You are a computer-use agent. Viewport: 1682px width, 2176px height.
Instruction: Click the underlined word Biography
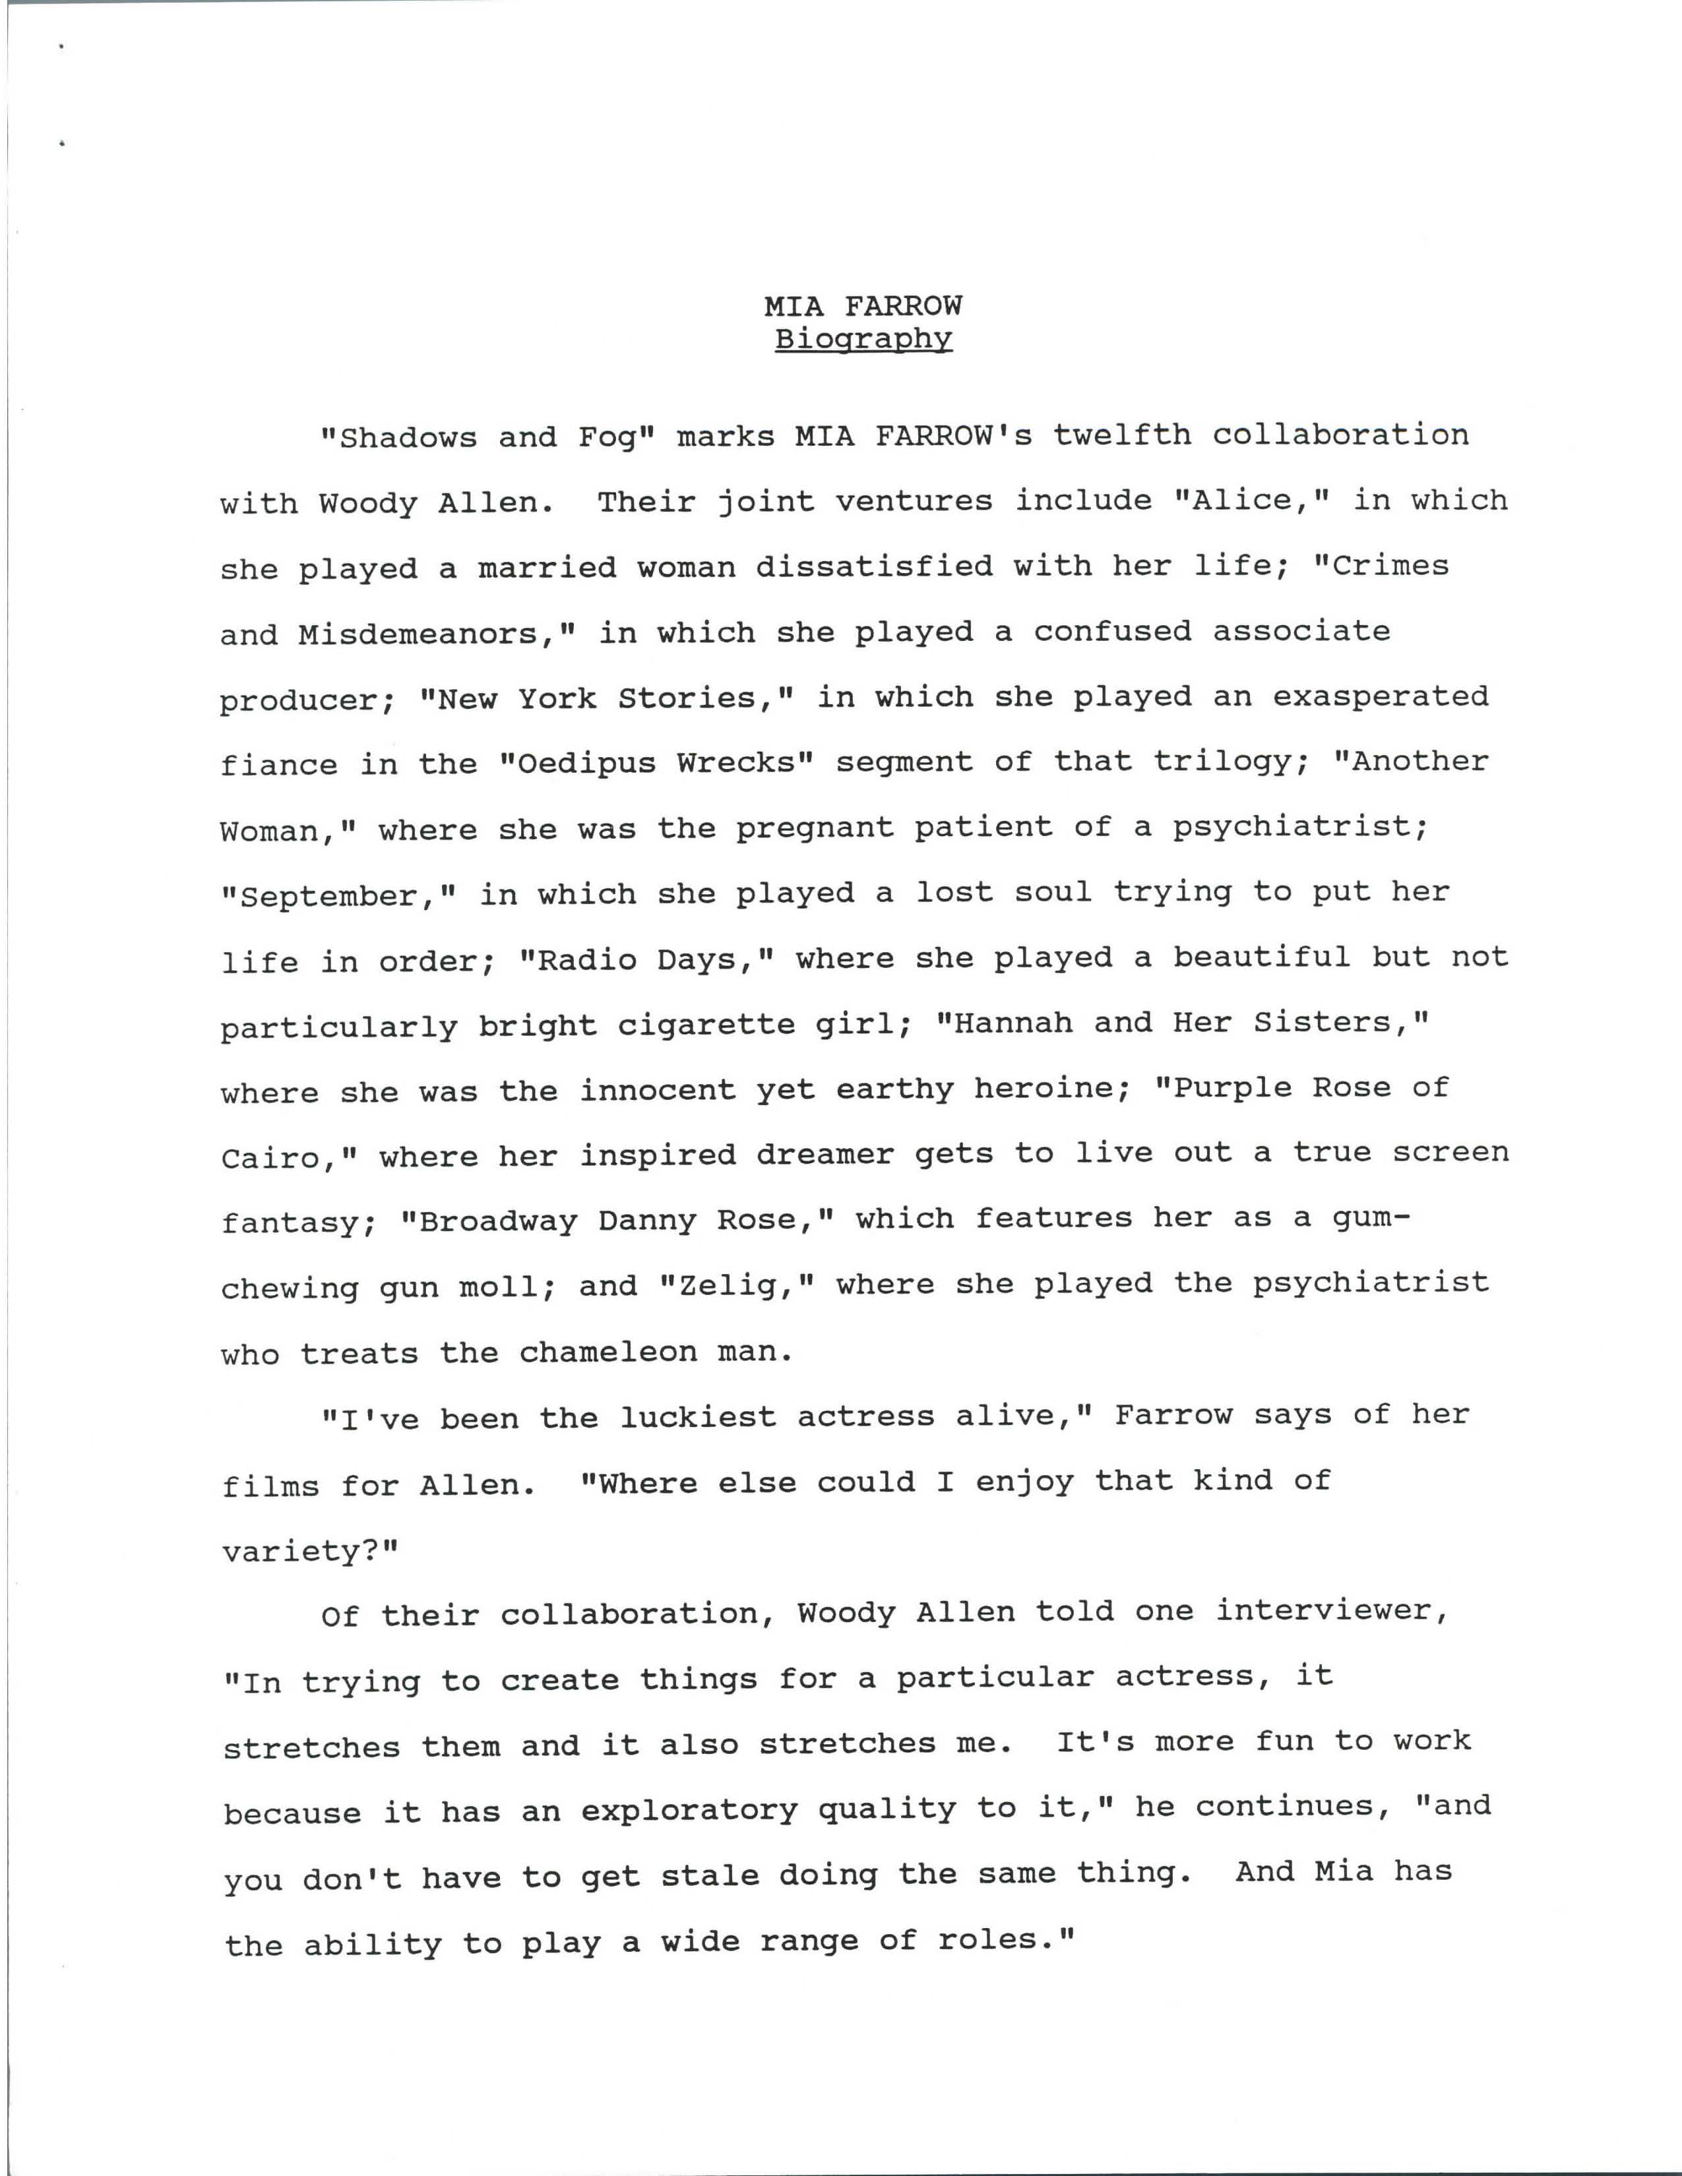click(863, 339)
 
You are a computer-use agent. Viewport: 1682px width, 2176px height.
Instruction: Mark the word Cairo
click(279, 1157)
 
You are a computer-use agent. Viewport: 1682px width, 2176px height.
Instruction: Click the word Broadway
click(498, 1221)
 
